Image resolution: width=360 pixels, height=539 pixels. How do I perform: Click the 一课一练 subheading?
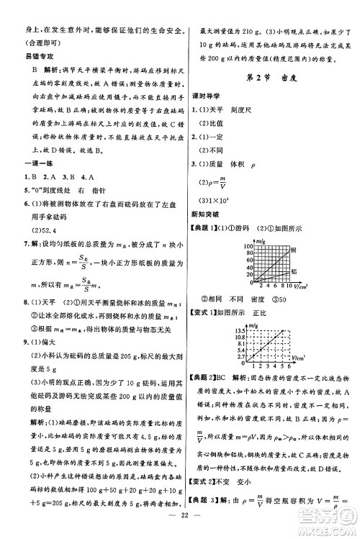coord(22,166)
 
